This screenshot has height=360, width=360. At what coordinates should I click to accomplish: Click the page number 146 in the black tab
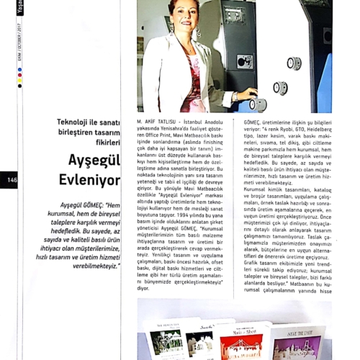(x=12, y=180)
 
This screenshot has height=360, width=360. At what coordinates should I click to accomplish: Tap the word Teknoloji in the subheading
(x=77, y=122)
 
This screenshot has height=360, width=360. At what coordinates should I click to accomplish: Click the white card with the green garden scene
(x=166, y=341)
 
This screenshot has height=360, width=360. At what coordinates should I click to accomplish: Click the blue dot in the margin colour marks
(x=19, y=70)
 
